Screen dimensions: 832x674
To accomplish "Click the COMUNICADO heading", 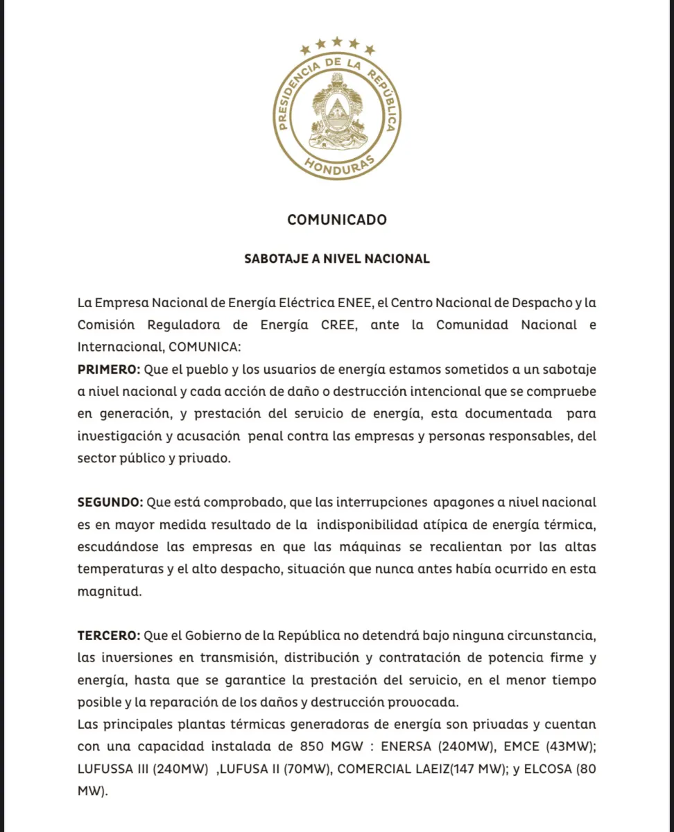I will click(x=337, y=220).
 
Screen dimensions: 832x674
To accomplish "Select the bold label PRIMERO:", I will click(x=109, y=369).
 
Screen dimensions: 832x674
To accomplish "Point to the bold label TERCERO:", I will click(x=110, y=635).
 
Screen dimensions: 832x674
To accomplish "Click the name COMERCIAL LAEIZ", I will click(x=392, y=769).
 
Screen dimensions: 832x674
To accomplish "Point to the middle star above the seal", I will click(x=337, y=42).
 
